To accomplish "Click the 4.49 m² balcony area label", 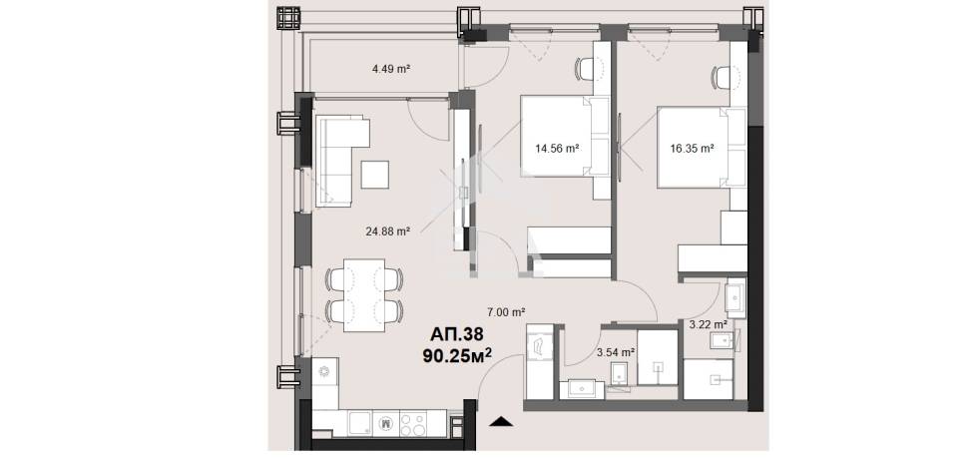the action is [390, 69].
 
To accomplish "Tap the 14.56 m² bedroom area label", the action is [558, 149].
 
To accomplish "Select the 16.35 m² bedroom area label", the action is [692, 149].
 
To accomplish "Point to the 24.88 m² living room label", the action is [387, 231].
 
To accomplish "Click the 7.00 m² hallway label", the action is [505, 311].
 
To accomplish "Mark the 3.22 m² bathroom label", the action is [708, 324].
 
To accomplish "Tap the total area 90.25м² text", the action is [458, 355].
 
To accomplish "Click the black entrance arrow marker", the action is [501, 421].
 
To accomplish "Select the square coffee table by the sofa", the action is [375, 174].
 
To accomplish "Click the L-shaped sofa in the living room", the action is [340, 161].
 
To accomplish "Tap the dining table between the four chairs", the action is [363, 295].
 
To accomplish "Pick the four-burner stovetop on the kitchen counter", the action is [413, 425].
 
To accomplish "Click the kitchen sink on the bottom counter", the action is [360, 424].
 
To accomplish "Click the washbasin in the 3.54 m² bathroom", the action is [582, 388].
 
